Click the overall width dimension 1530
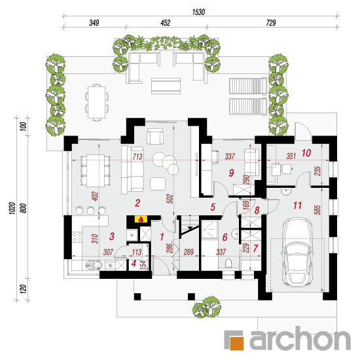198,12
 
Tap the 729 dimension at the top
271,23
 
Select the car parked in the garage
297,252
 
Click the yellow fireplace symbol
141,219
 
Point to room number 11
298,205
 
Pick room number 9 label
232,173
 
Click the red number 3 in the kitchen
112,236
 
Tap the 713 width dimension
137,156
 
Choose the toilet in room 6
228,263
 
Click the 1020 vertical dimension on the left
12,208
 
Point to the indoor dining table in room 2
96,170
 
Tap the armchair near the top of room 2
155,136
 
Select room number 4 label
134,264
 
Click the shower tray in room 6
209,229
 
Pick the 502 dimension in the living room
170,199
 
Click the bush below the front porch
207,307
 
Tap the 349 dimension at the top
94,23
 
